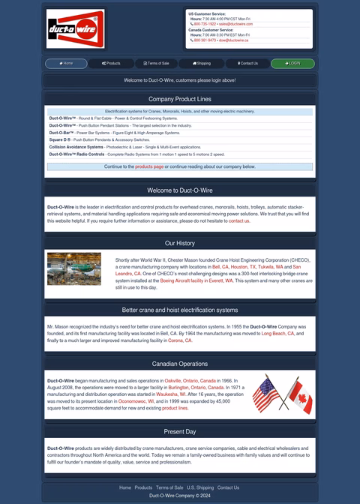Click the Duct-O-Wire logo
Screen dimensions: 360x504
pos(75,28)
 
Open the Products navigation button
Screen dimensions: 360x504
pos(111,64)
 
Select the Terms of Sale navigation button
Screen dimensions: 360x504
pos(156,64)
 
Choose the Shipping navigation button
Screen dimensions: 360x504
pos(202,64)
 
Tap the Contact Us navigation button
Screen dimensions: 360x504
pos(247,64)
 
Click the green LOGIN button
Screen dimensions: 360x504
pos(292,64)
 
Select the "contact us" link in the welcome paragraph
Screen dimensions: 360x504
pos(239,221)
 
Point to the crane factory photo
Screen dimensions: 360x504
pos(73,268)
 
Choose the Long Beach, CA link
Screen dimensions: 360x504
pos(278,333)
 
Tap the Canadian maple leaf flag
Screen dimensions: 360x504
pos(299,397)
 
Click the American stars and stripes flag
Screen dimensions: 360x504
pos(266,393)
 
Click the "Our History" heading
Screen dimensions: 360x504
pos(180,243)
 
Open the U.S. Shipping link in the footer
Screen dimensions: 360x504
pos(200,487)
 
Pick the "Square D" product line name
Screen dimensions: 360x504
pos(59,139)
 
